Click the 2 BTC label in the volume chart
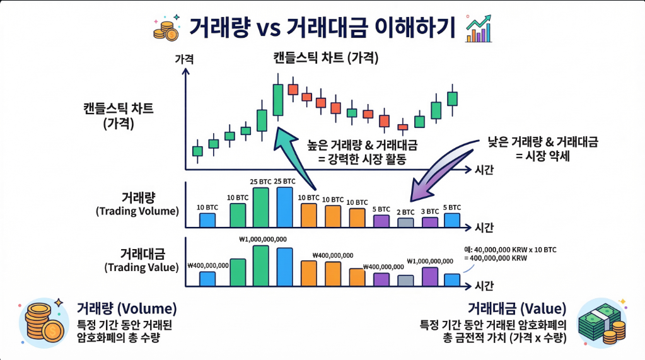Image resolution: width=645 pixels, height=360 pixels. [405, 212]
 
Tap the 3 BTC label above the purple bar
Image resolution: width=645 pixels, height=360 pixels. [429, 211]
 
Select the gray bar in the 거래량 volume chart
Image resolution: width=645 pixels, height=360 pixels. [405, 223]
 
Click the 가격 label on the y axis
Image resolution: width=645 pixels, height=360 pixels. [184, 59]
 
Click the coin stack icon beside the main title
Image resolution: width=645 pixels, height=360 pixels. [167, 29]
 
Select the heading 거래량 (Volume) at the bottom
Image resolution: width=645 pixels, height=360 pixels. [126, 309]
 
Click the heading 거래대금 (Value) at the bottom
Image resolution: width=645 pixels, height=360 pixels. [516, 309]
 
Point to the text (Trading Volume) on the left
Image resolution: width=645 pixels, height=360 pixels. [137, 211]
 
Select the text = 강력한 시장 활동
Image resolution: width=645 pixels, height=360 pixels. [362, 159]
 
